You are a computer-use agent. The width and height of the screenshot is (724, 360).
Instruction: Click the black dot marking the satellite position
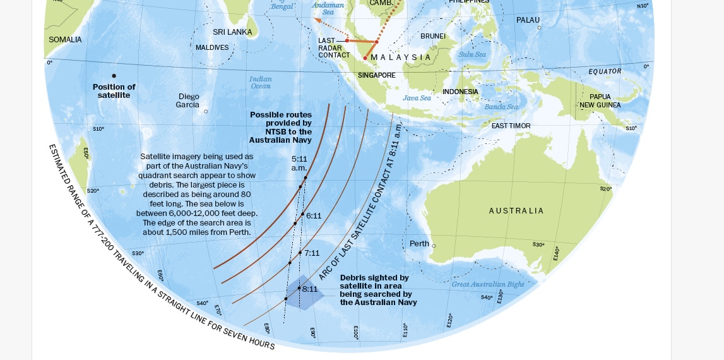coord(114,76)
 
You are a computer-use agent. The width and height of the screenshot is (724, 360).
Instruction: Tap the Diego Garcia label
coord(187,100)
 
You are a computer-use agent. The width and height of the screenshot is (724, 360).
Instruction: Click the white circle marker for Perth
coord(434,246)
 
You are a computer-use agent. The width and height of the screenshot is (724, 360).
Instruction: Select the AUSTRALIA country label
coord(516,211)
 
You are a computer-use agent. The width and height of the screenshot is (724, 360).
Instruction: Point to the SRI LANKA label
coord(232,32)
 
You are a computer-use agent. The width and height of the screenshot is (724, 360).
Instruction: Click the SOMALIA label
coord(65,40)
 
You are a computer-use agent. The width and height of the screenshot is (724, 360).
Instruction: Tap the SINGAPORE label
coord(377,76)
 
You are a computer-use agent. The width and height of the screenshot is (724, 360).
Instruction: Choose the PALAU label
coord(528,20)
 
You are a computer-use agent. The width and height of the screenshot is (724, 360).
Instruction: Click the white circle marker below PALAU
coord(539,28)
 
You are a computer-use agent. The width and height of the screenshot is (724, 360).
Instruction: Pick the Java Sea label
coord(417,98)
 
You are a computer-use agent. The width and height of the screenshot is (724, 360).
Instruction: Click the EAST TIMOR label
coord(511,126)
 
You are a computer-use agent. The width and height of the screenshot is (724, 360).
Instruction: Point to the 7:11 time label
coord(312,253)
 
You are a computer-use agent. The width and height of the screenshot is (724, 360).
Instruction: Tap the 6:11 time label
coord(314,216)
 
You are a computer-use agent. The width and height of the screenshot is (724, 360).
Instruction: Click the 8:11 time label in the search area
coord(310,289)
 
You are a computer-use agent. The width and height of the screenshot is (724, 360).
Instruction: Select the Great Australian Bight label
coord(488,285)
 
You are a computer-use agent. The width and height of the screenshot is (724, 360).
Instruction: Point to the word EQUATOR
coord(605,71)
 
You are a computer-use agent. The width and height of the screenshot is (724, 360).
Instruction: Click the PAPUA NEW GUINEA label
coord(600,101)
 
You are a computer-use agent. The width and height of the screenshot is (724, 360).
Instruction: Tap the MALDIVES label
coord(212,48)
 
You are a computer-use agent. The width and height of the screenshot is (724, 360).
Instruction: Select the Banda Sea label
coord(501,107)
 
